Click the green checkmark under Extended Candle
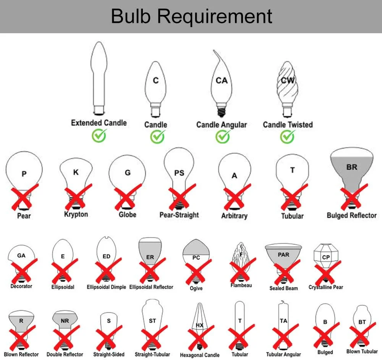[x=99, y=135]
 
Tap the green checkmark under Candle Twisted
[x=287, y=136]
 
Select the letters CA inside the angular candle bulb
[x=222, y=81]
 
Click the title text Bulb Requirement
[x=191, y=16]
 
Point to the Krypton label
[x=76, y=214]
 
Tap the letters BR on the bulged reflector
[x=352, y=167]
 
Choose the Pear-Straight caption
[x=179, y=215]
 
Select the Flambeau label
[x=241, y=285]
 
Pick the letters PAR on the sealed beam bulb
[x=283, y=255]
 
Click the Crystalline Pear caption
[x=325, y=287]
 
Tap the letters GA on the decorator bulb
[x=21, y=256]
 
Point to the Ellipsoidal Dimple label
[x=106, y=287]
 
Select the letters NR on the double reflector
[x=65, y=321]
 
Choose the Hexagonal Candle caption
[x=200, y=355]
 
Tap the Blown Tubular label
[x=362, y=351]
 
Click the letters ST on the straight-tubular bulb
[x=152, y=321]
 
